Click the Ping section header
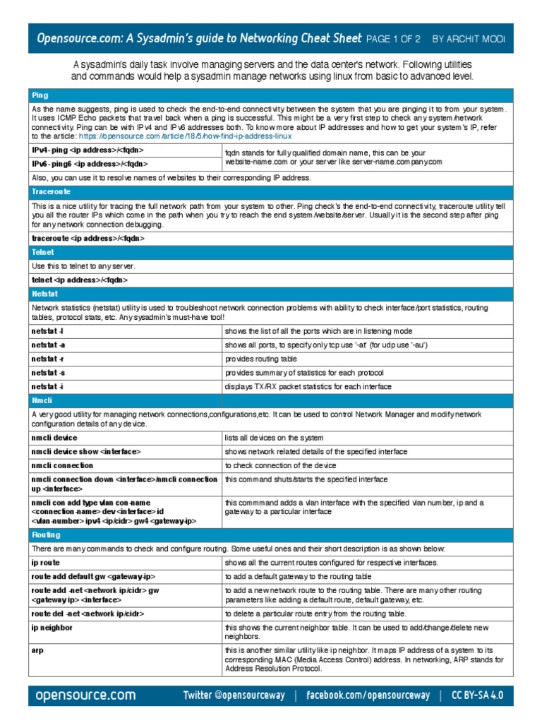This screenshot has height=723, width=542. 40,95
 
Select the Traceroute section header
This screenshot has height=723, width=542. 52,191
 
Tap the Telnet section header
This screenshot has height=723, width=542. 42,251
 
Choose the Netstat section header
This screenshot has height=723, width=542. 44,293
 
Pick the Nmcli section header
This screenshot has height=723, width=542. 41,400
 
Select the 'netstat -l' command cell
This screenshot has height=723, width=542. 47,330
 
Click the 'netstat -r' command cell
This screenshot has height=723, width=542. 47,359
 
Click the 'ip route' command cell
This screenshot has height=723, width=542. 45,563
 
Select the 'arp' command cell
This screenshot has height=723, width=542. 37,649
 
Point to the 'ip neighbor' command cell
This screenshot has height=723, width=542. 51,627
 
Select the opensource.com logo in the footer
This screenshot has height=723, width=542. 85,695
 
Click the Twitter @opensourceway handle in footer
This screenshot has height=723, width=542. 234,695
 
